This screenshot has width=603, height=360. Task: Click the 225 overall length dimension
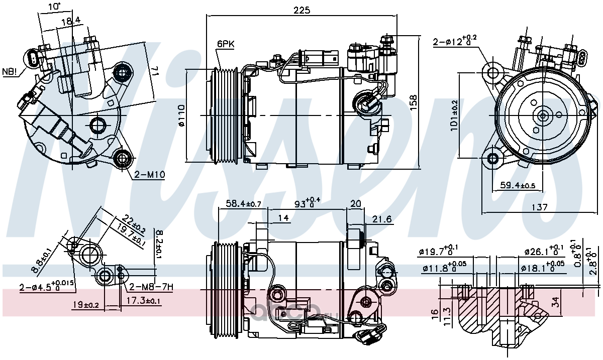point(302,10)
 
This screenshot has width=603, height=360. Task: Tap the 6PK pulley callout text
point(226,44)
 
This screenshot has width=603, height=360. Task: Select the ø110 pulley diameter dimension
point(181,115)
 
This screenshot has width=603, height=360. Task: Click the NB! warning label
point(10,71)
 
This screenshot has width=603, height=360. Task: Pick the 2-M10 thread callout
point(149,175)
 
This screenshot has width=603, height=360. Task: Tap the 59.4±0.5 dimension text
point(518,186)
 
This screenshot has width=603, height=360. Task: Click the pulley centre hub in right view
point(543,115)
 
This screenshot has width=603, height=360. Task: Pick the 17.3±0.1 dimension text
point(143,301)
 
